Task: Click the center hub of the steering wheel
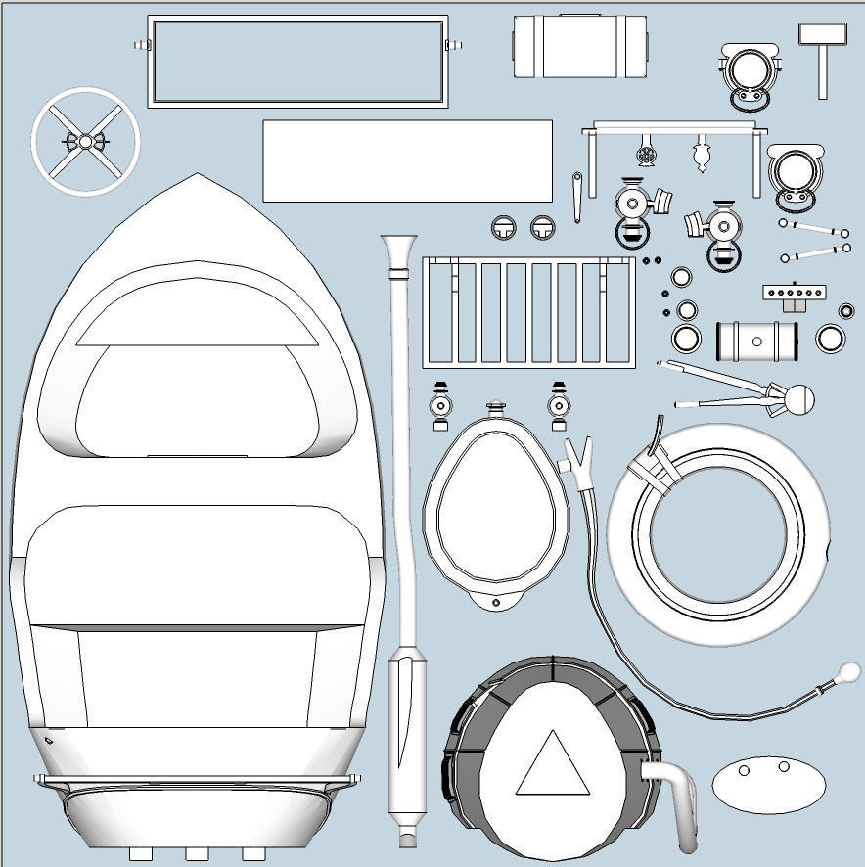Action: [85, 142]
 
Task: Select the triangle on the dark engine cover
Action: [553, 763]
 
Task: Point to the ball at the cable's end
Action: [848, 672]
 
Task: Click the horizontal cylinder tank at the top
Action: [580, 46]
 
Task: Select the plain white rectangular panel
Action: [407, 160]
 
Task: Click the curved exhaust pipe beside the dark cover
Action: [679, 802]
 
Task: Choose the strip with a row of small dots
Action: [794, 293]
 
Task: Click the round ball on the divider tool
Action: [800, 398]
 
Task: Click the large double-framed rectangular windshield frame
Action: [297, 61]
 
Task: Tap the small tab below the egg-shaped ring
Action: [495, 598]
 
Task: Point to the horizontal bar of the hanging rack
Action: [675, 127]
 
